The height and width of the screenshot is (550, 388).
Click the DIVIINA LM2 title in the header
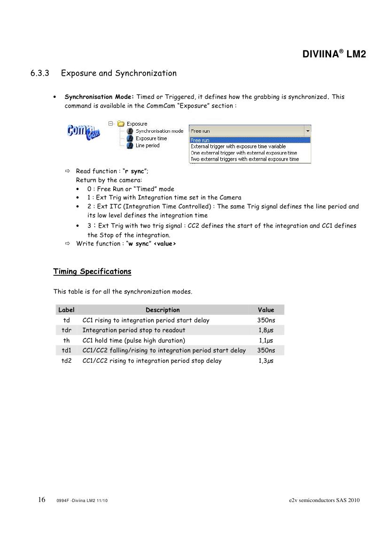pos(334,54)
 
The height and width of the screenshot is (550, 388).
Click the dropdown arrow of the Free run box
pos(307,131)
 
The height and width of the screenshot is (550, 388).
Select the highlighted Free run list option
pos(200,140)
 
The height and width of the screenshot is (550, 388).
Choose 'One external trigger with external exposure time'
pos(243,153)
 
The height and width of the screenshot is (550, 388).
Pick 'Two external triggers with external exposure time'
pos(244,159)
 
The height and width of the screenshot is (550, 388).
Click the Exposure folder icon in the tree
pos(121,124)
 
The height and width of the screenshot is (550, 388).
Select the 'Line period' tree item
pos(147,145)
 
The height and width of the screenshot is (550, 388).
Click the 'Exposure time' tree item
pos(151,138)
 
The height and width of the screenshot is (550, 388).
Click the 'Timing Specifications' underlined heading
pos(92,271)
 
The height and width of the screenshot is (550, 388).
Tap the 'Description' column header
pos(163,310)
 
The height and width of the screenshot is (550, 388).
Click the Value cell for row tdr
pos(266,330)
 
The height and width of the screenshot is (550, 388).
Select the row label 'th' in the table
pos(67,340)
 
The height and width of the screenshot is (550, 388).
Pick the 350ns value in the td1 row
pos(266,351)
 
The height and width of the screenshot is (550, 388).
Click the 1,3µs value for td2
pos(266,361)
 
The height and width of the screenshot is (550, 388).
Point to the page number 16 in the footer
pos(41,500)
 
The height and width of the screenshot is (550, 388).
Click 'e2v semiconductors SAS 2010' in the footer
pos(325,500)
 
